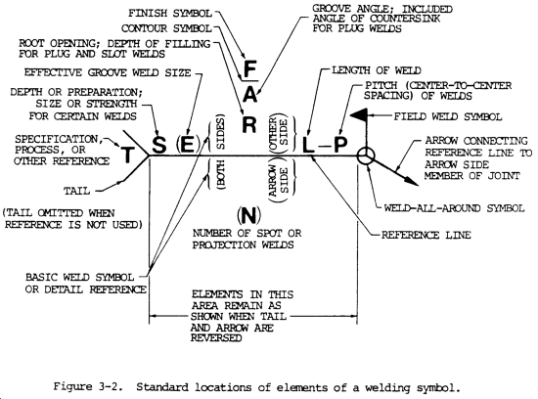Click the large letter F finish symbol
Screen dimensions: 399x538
click(x=250, y=70)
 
